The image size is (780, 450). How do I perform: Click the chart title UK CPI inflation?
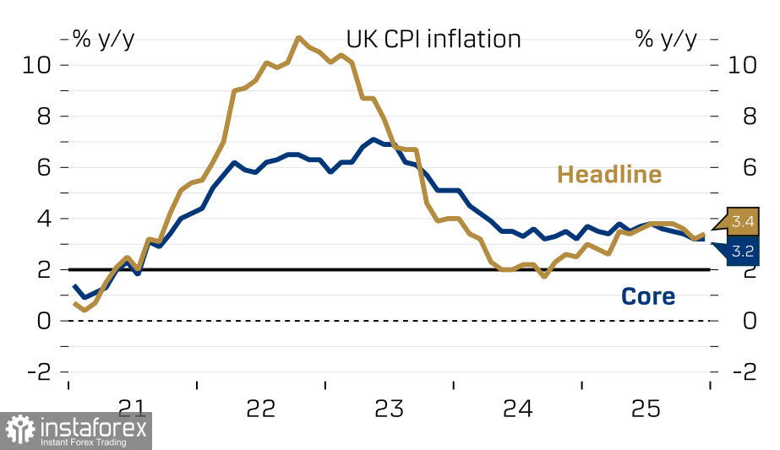coord(433,39)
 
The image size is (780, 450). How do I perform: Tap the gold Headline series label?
coord(608,175)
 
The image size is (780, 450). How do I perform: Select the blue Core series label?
coord(648,296)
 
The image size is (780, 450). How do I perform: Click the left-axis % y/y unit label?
coord(103,39)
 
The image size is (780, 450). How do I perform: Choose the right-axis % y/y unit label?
coord(666,39)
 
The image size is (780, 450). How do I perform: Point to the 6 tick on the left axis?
coord(40,168)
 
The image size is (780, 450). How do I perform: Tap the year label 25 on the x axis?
coord(646,409)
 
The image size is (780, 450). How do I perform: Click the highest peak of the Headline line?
coord(298,37)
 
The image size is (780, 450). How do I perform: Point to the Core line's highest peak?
coord(373,139)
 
